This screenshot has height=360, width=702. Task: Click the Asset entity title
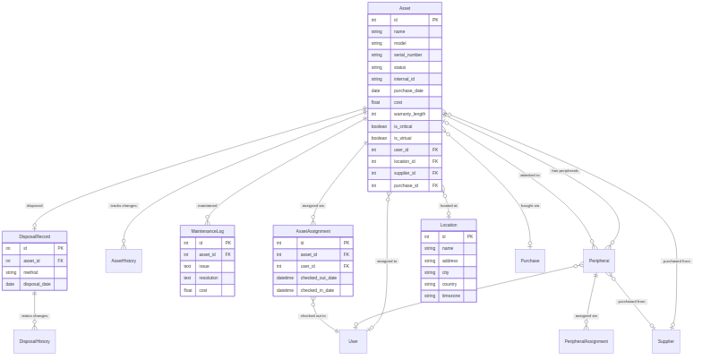pyautogui.click(x=405, y=7)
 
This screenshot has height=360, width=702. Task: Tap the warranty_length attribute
pyautogui.click(x=409, y=114)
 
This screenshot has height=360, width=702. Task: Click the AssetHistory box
pyautogui.click(x=124, y=261)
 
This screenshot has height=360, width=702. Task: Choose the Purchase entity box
pyautogui.click(x=530, y=261)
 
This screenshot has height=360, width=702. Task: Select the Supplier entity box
pyautogui.click(x=665, y=341)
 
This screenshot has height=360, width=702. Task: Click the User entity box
pyautogui.click(x=353, y=341)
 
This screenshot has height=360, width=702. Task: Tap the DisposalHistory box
pyautogui.click(x=34, y=341)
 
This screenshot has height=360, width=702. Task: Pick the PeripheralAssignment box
pyautogui.click(x=586, y=341)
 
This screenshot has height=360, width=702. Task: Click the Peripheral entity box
pyautogui.click(x=600, y=261)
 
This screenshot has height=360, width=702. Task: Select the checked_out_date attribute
pyautogui.click(x=319, y=278)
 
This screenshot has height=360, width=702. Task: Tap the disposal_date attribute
pyautogui.click(x=38, y=284)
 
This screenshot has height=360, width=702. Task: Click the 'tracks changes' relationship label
pyautogui.click(x=122, y=205)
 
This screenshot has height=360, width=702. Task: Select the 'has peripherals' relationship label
pyautogui.click(x=564, y=170)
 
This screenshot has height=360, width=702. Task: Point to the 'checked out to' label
pyautogui.click(x=313, y=316)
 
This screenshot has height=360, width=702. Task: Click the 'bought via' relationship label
pyautogui.click(x=530, y=205)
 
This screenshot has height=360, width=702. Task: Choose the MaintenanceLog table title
pyautogui.click(x=208, y=230)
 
